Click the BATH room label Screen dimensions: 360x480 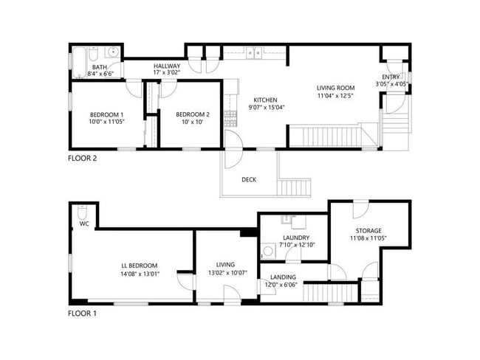(x=99, y=66)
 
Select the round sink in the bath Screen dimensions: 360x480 (x=112, y=52)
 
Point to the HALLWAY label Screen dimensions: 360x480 (x=167, y=66)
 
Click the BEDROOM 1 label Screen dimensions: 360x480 (x=106, y=114)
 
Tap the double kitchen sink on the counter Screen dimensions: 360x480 (x=253, y=52)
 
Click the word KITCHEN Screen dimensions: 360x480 (x=265, y=100)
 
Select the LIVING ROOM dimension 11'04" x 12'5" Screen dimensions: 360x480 (x=336, y=95)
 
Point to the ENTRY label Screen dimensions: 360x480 (x=391, y=77)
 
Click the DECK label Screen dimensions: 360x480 (x=249, y=179)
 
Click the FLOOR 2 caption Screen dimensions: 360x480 (x=82, y=157)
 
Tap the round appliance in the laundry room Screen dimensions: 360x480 (x=268, y=251)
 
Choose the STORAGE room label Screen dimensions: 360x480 (x=367, y=230)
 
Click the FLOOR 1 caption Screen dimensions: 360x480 (x=82, y=314)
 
